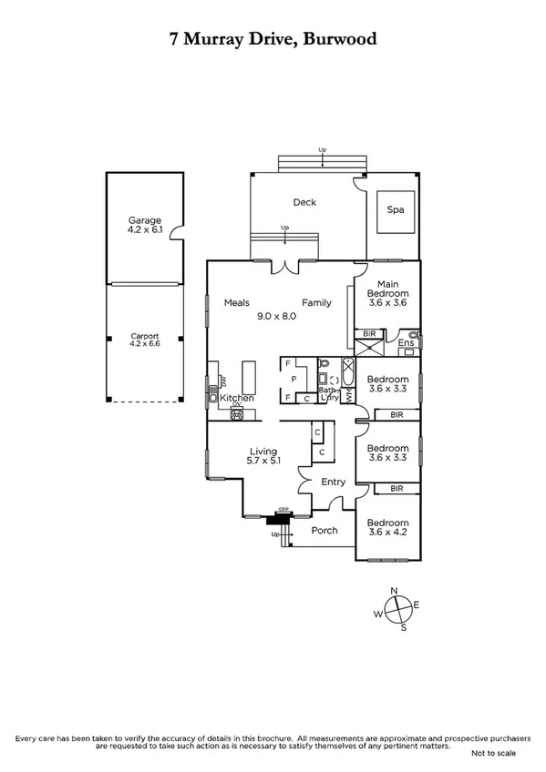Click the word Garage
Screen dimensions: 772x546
[x=144, y=220]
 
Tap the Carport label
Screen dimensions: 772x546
[x=144, y=336]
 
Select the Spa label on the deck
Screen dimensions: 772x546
[x=395, y=208]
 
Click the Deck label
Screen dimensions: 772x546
[x=304, y=202]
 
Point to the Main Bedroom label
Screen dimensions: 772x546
[x=387, y=289]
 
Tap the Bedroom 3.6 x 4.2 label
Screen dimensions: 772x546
[x=387, y=529]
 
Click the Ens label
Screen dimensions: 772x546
[x=405, y=342]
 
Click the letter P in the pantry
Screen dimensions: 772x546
[x=294, y=377]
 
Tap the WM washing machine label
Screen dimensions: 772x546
[x=347, y=396]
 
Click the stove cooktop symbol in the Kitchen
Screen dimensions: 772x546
[x=237, y=415]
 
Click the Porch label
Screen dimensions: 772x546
[x=325, y=530]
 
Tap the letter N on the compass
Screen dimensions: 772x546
[x=395, y=591]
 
